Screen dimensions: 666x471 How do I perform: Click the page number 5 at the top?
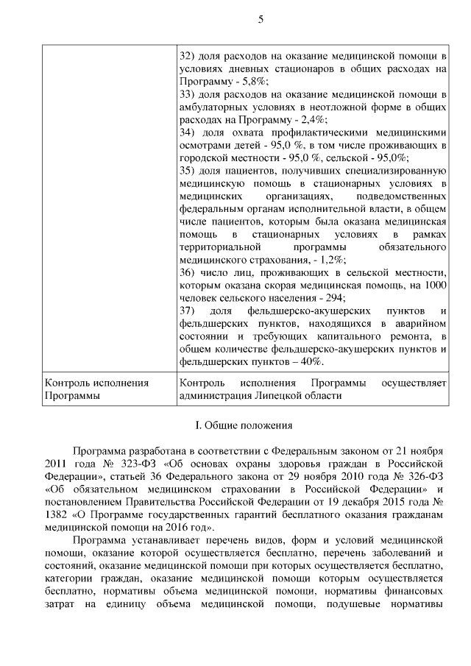[x=261, y=19]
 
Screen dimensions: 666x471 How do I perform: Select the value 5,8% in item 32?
[x=256, y=81]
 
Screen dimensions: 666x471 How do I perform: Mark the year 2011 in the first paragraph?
[x=57, y=462]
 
